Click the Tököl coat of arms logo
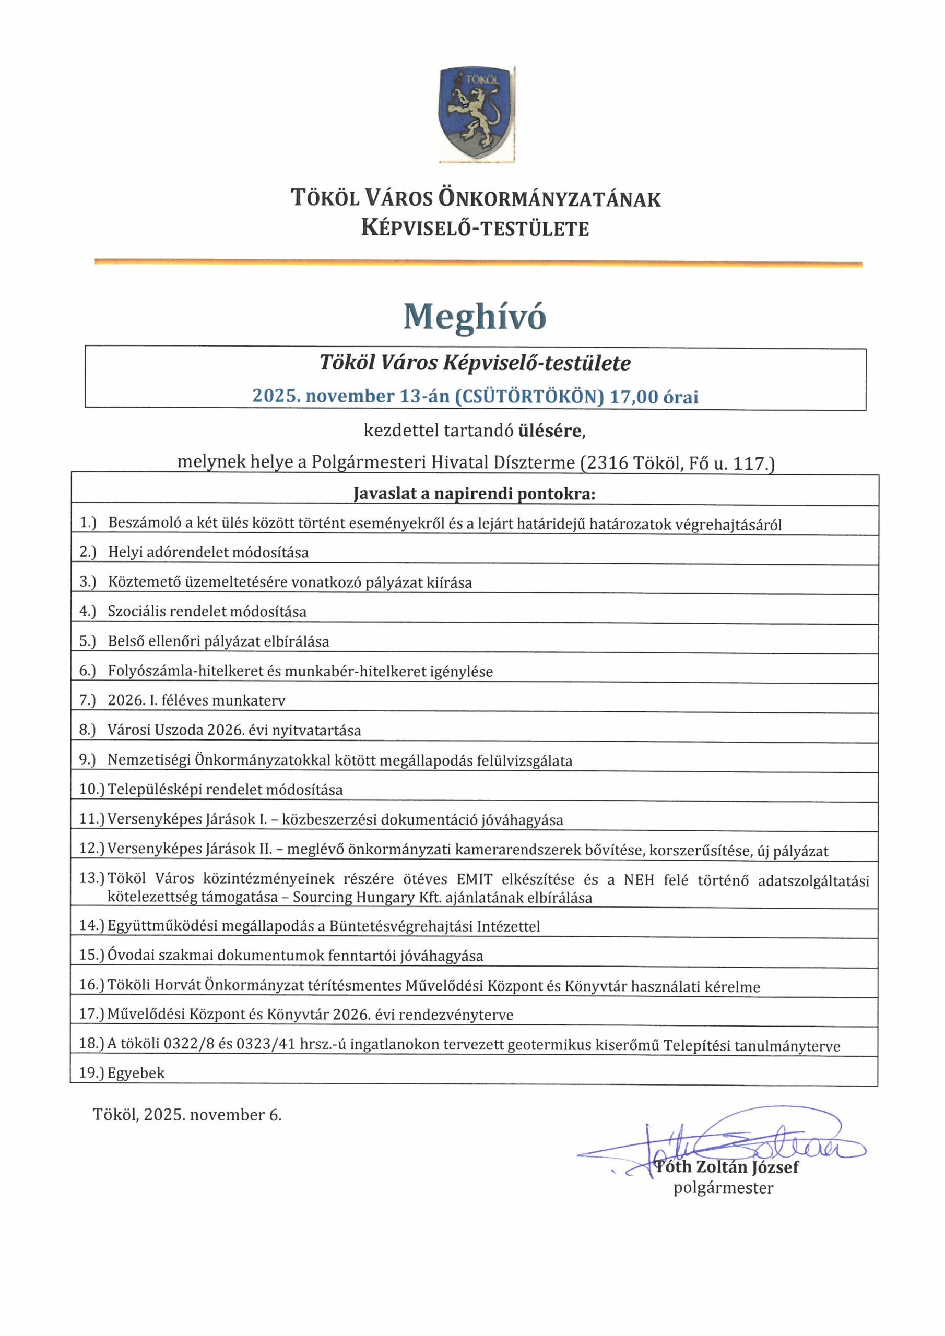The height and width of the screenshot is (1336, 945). (x=477, y=113)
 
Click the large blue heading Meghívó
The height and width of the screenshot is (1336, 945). (x=475, y=317)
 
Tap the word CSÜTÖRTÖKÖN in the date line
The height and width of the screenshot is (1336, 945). (x=529, y=397)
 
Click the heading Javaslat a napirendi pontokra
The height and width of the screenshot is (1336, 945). (x=475, y=494)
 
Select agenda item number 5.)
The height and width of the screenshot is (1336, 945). (x=87, y=641)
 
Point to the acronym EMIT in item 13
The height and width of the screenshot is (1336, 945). (x=475, y=879)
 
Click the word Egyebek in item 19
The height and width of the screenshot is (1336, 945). (x=136, y=1073)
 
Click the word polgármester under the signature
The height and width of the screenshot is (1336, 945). (x=723, y=1188)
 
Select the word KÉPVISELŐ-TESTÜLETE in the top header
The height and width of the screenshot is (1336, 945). (x=475, y=228)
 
